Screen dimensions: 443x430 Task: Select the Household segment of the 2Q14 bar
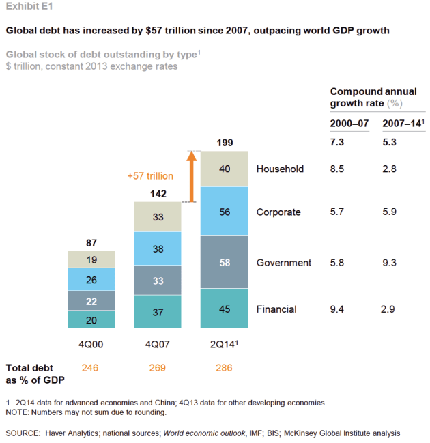[225, 169]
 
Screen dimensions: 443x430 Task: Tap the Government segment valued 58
[225, 262]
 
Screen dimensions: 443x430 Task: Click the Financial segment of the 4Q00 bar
[91, 319]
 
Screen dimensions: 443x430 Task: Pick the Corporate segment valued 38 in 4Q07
[158, 249]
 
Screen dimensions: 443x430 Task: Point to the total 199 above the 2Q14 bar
[225, 143]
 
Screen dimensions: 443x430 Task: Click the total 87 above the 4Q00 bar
[91, 242]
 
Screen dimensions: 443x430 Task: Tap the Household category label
[280, 169]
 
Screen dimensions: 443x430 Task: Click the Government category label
[284, 263]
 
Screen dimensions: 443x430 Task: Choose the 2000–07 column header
[349, 123]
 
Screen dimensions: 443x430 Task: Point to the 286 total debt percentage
[225, 368]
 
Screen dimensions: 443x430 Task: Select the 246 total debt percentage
[91, 368]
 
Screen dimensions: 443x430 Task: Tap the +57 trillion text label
[150, 175]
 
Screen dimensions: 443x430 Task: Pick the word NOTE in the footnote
[18, 412]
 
